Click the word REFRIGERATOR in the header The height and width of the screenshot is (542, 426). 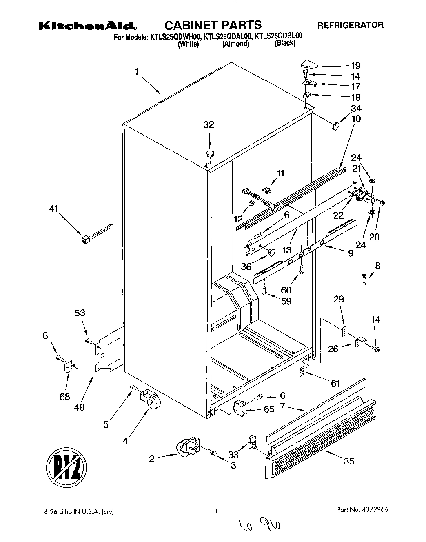point(351,25)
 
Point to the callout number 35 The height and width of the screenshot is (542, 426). point(349,462)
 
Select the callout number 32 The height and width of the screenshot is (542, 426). point(209,124)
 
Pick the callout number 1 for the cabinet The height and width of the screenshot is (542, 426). point(136,72)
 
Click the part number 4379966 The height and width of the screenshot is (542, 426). point(363,510)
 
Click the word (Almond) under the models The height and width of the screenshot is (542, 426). point(235,44)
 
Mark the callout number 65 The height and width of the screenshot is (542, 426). point(269,409)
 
